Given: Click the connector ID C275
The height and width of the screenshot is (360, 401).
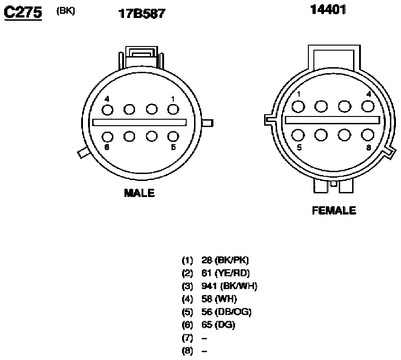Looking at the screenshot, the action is pyautogui.click(x=23, y=12).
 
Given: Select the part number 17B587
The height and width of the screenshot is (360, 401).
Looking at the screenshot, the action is pyautogui.click(x=142, y=13).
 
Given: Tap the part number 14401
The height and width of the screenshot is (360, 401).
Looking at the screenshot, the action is pyautogui.click(x=328, y=10).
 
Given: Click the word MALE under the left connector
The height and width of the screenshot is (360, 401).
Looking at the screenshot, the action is pyautogui.click(x=139, y=193).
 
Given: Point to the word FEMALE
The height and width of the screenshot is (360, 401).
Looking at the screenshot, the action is pyautogui.click(x=334, y=210).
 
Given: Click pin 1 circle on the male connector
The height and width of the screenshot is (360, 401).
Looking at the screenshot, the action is pyautogui.click(x=173, y=110).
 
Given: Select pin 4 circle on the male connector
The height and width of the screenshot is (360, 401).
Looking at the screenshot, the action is pyautogui.click(x=107, y=110).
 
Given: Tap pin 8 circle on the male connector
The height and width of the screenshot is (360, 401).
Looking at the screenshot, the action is pyautogui.click(x=107, y=137).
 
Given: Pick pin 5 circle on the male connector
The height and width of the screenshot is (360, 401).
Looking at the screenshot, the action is pyautogui.click(x=173, y=136).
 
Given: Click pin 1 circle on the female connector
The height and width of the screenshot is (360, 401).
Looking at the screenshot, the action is pyautogui.click(x=298, y=106).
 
